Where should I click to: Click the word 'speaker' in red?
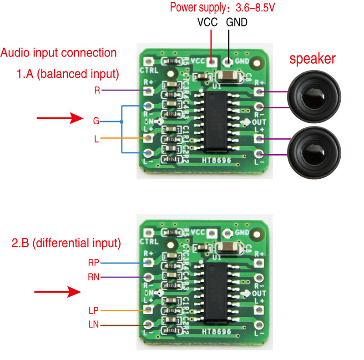pos(313,59)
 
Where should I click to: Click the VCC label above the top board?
pos(207,21)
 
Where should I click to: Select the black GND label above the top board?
pos(237,21)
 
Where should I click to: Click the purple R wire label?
pos(96,90)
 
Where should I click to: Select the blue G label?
pos(96,121)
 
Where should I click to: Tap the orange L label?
pos(96,138)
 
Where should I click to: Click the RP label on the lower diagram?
pos(93,263)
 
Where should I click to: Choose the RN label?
pos(94,276)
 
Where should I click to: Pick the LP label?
pos(93,310)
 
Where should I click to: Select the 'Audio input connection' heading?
pos(59,52)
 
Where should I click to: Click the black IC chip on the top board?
pos(213,121)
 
